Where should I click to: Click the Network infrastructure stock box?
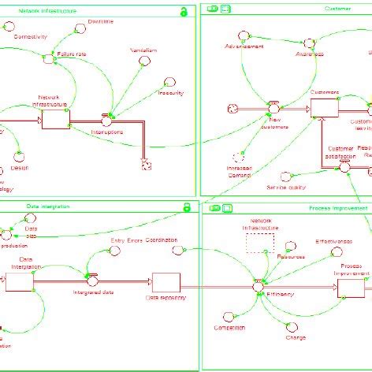coord(55,119)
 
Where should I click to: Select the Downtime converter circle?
coord(79,28)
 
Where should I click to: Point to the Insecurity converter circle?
coord(169,82)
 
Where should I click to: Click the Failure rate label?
coord(72,54)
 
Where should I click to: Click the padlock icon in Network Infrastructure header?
coord(183,11)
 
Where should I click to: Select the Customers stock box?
coord(324,107)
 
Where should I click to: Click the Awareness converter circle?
coord(309,43)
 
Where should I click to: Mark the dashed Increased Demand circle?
coord(240,158)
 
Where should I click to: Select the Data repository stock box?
coord(166,281)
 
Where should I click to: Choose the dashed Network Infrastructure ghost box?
coord(259,242)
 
